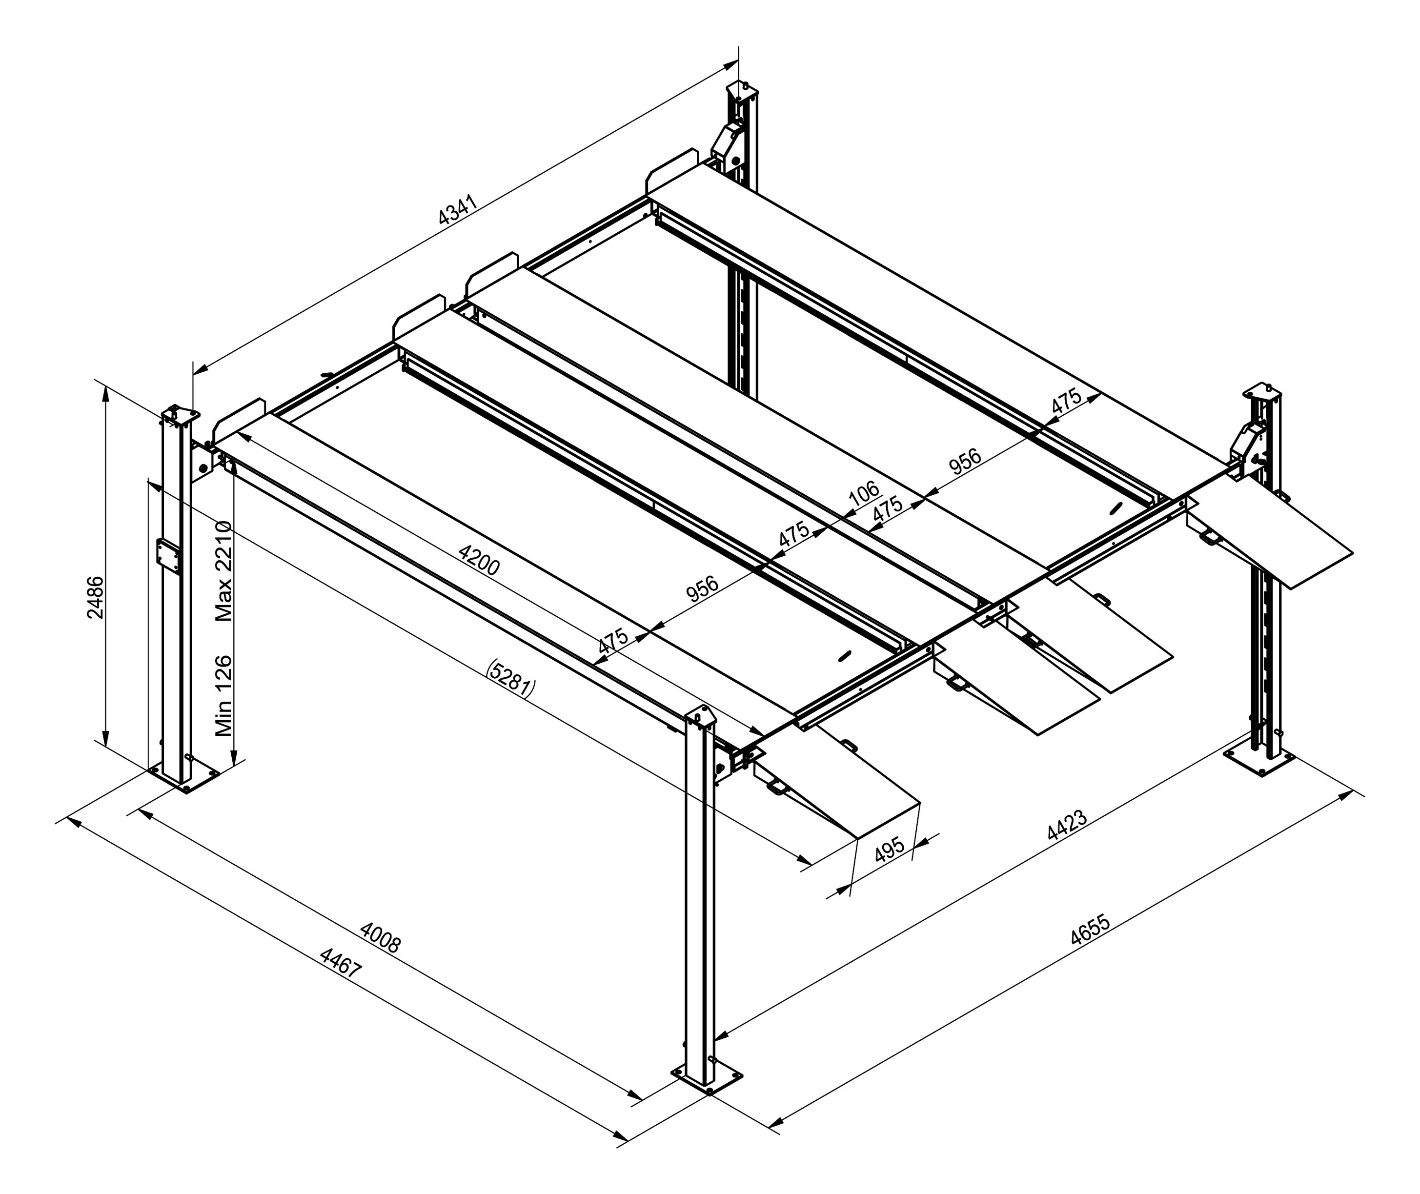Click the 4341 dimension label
coord(458,210)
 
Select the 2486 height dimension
coord(96,597)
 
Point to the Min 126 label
coord(223,696)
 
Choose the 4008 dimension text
coord(381,937)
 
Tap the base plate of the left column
coord(184,776)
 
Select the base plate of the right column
coord(1259,759)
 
